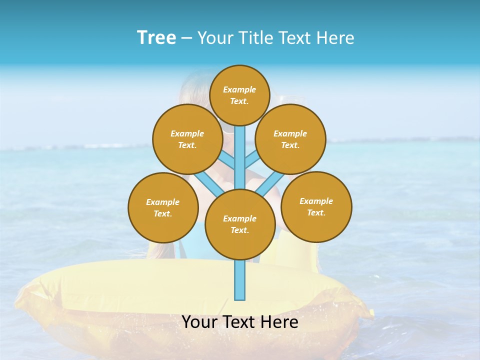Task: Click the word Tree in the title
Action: pyautogui.click(x=156, y=38)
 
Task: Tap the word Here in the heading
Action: pyautogui.click(x=335, y=38)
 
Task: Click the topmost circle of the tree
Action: pyautogui.click(x=239, y=95)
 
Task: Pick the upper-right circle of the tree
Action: pyautogui.click(x=290, y=139)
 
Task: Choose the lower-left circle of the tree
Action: pyautogui.click(x=163, y=207)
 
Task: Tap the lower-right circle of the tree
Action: pyautogui.click(x=316, y=206)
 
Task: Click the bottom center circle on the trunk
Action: pyautogui.click(x=239, y=224)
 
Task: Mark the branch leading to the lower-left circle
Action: pyautogui.click(x=209, y=185)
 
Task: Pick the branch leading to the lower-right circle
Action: pyautogui.click(x=269, y=184)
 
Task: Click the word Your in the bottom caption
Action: pyautogui.click(x=199, y=322)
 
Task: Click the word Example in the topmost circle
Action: pyautogui.click(x=239, y=89)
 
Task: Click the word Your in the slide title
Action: pyautogui.click(x=215, y=38)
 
